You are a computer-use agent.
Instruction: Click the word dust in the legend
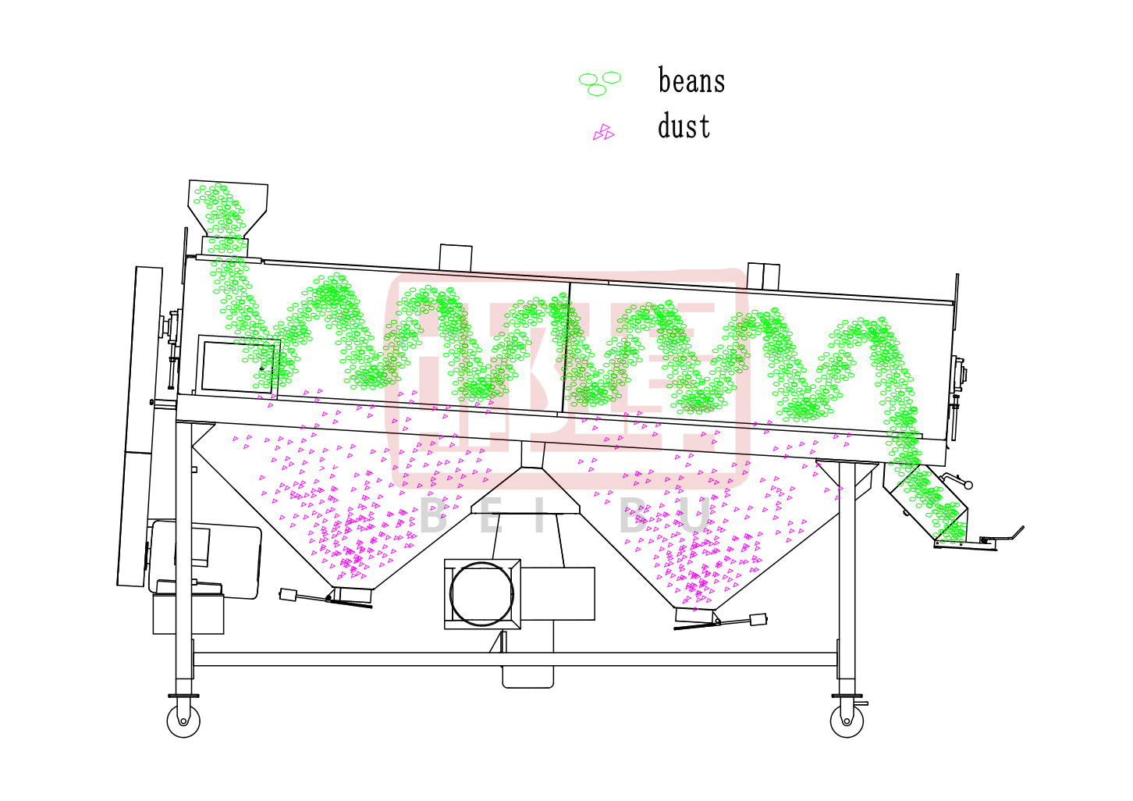[x=684, y=126]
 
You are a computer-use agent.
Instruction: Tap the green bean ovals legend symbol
[x=600, y=84]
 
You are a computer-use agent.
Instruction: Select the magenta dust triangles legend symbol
[x=604, y=132]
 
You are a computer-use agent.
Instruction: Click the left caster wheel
[x=183, y=721]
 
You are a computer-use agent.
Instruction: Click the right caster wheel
[x=847, y=721]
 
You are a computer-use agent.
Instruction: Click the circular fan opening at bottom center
[x=481, y=594]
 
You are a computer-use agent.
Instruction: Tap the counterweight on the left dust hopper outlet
[x=288, y=595]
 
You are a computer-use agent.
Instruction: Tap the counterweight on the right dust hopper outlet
[x=758, y=619]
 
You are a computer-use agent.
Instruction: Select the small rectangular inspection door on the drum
[x=238, y=365]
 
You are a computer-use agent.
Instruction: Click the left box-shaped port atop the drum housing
[x=456, y=258]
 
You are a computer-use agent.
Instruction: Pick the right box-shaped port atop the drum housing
[x=763, y=276]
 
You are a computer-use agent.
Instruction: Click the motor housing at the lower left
[x=205, y=559]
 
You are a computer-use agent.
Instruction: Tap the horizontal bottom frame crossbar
[x=515, y=659]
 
